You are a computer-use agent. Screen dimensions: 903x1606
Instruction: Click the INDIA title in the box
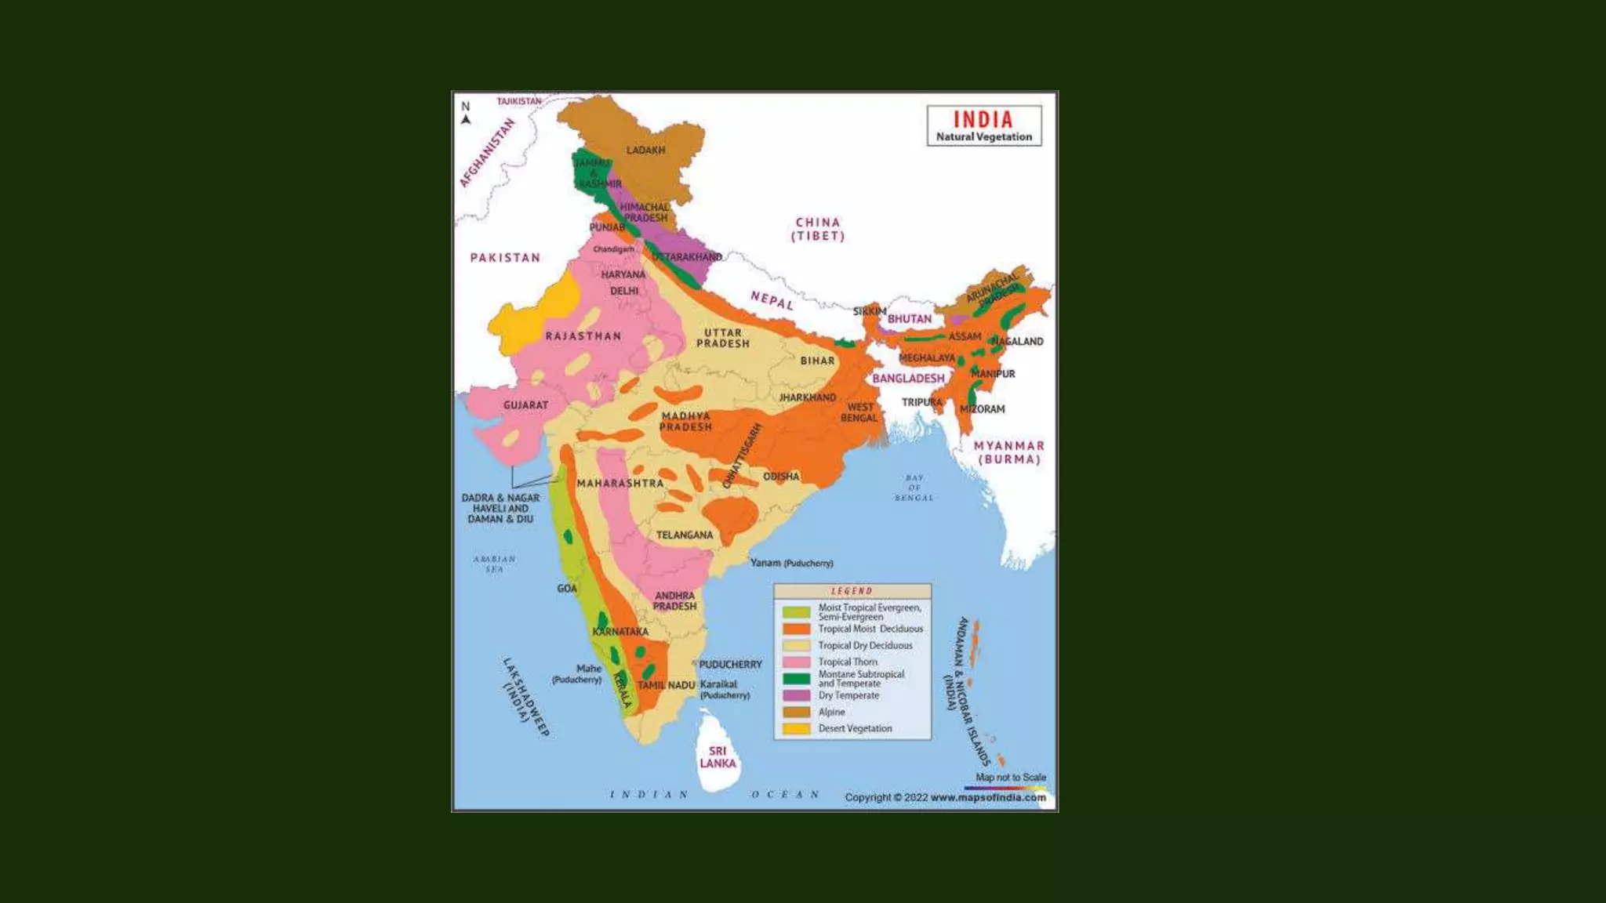(983, 120)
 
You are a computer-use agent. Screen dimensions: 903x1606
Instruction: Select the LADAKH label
(645, 150)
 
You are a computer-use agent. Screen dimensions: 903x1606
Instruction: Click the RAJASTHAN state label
(583, 335)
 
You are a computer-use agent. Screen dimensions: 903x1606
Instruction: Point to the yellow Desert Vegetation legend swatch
(796, 728)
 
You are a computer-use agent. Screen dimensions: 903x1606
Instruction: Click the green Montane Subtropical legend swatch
(796, 679)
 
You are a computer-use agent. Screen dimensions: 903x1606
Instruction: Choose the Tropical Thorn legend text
(848, 662)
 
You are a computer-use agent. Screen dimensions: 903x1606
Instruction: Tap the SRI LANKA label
(718, 757)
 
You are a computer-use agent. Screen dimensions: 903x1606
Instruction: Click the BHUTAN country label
(910, 319)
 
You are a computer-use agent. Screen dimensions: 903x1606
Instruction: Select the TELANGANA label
(685, 535)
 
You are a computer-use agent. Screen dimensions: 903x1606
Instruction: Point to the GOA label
(567, 588)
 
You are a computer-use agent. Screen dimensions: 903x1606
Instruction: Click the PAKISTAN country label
(505, 257)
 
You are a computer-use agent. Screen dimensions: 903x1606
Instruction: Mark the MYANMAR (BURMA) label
(1008, 452)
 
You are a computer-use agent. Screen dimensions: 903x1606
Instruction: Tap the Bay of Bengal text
(914, 488)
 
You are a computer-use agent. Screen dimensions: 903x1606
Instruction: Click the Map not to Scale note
(1010, 777)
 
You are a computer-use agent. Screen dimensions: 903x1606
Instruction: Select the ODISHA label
(781, 476)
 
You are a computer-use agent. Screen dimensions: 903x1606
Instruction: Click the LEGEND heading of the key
(852, 591)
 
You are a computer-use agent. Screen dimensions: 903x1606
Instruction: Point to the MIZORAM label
(982, 408)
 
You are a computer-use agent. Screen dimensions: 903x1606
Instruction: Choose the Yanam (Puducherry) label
(791, 563)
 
